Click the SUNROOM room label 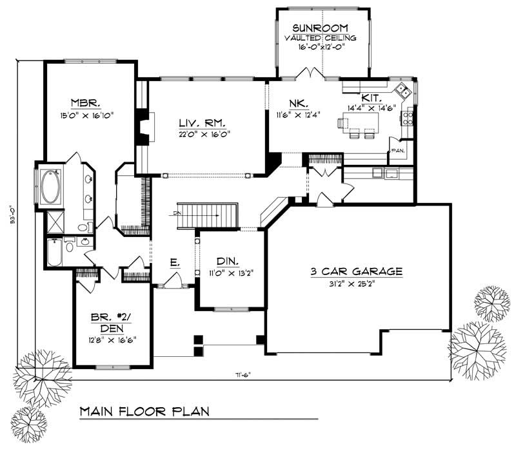(x=321, y=28)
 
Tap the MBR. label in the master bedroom (x=84, y=103)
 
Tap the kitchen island (x=362, y=122)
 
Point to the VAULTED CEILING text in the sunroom (x=321, y=39)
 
